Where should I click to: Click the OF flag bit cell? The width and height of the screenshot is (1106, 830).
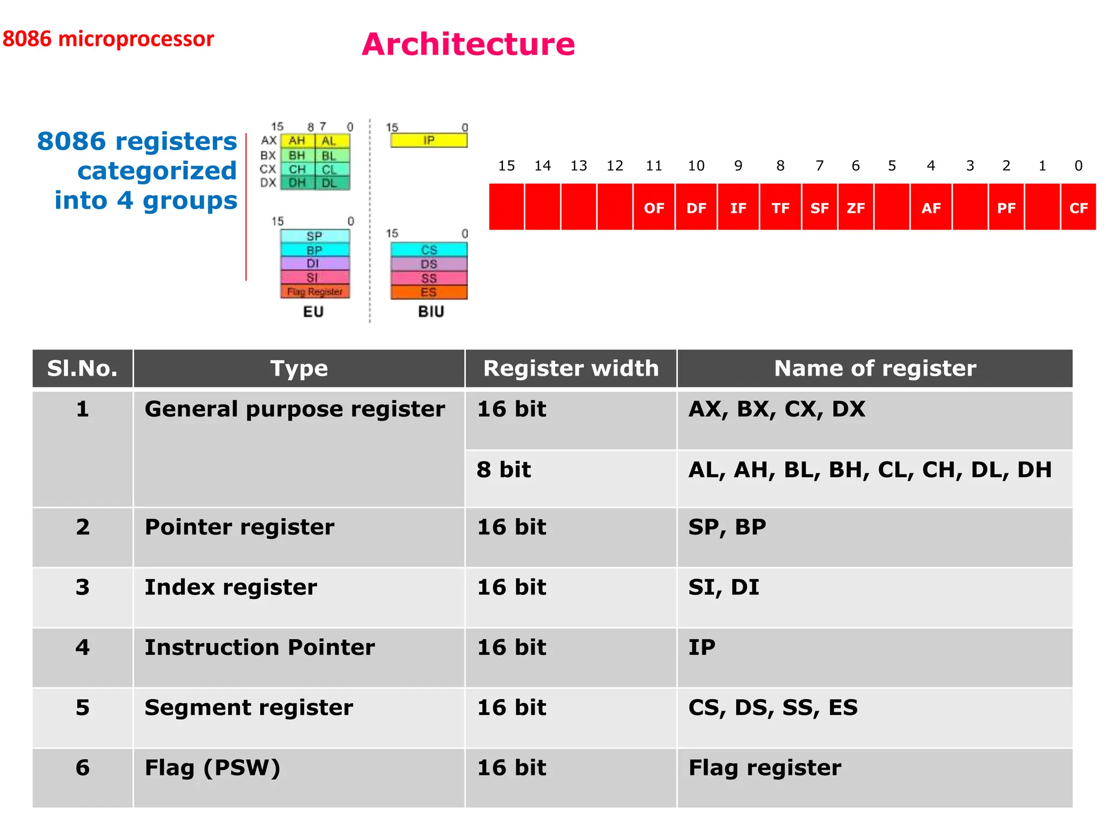click(653, 207)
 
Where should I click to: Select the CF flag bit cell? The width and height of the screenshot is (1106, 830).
click(1078, 207)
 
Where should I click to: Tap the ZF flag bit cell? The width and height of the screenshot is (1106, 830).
click(855, 207)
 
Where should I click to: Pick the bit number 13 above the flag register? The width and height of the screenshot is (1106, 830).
click(578, 166)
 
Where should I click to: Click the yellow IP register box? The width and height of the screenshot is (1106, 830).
click(429, 140)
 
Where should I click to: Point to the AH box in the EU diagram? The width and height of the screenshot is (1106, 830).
click(297, 141)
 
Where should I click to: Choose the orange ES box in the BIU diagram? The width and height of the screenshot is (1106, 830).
click(429, 292)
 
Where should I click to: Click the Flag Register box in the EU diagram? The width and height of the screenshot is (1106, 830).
click(315, 292)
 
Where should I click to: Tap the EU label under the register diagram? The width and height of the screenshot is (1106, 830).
click(313, 312)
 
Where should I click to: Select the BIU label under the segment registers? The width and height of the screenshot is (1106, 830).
click(431, 312)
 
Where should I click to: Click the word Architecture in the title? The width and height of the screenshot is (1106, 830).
click(468, 44)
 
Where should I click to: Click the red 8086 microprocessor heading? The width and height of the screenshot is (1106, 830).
click(108, 39)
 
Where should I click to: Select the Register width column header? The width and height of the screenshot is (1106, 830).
click(571, 369)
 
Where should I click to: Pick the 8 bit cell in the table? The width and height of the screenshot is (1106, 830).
click(571, 478)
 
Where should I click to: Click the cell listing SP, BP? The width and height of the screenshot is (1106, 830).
click(875, 537)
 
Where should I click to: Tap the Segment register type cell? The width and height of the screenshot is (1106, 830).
click(299, 718)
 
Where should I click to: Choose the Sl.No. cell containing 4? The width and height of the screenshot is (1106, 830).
click(83, 657)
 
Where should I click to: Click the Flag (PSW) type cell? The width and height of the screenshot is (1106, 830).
click(299, 778)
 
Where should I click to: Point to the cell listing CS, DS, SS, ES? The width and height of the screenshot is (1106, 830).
click(875, 718)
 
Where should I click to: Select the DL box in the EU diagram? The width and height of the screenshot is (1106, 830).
click(329, 183)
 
